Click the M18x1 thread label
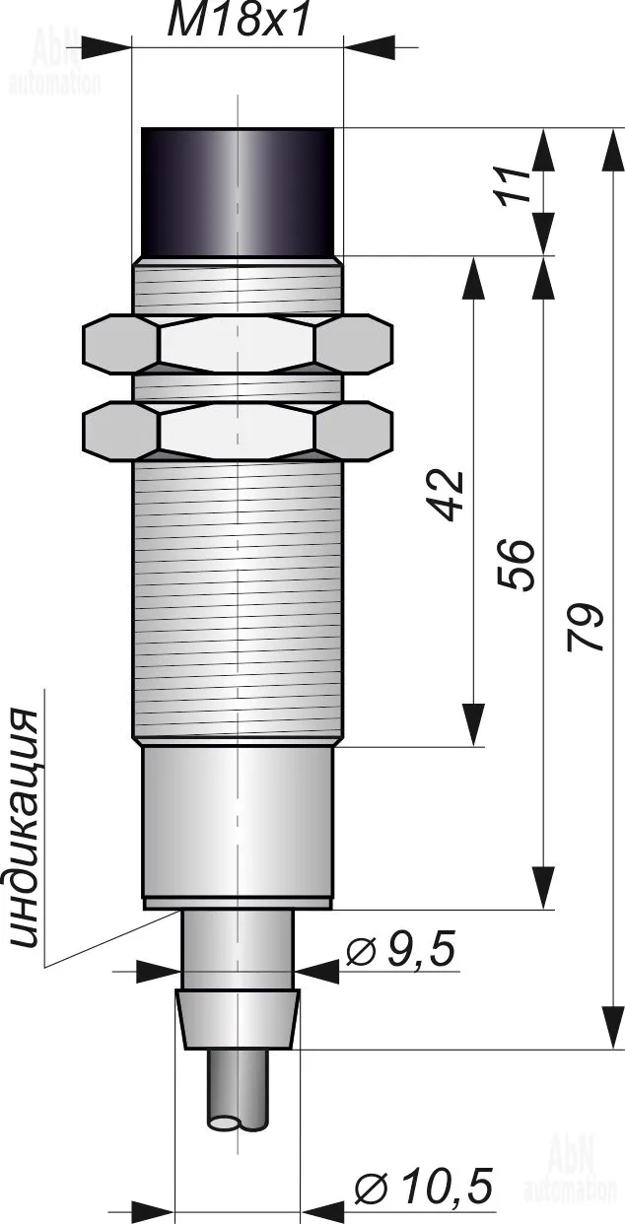coord(239,21)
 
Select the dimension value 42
coord(448,495)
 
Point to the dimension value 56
coord(516,565)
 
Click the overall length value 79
coord(585,628)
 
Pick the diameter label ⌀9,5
coord(400,950)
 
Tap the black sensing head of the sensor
coord(238,192)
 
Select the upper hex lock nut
coord(238,344)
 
